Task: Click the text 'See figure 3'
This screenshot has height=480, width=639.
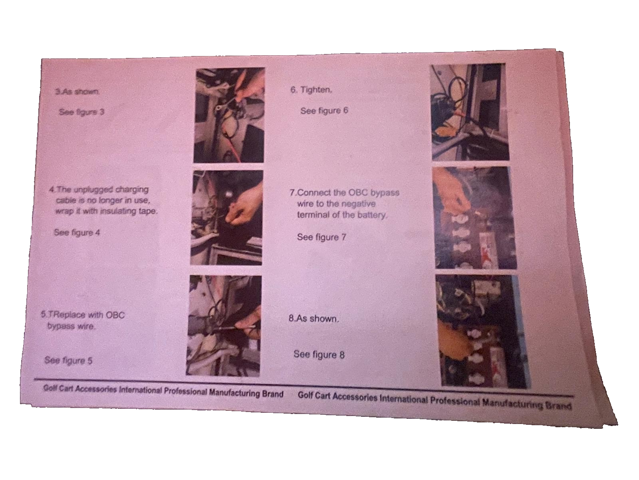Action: [81, 112]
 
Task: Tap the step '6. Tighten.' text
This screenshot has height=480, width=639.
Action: [311, 90]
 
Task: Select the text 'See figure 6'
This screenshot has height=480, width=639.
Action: [324, 111]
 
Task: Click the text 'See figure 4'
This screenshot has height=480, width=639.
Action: [77, 232]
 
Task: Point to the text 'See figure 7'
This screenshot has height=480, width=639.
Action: [321, 237]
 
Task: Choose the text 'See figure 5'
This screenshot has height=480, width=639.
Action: [68, 360]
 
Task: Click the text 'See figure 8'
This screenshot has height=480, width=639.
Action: [319, 354]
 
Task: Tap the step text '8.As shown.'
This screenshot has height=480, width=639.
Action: [314, 318]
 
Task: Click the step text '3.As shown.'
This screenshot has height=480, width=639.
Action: [77, 92]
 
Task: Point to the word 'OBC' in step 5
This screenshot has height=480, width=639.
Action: [115, 315]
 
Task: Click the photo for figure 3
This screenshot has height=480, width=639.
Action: [229, 115]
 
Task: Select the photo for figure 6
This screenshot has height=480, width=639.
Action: [470, 112]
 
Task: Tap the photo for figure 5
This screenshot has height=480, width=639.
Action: [224, 326]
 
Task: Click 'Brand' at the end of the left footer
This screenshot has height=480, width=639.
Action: [272, 394]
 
